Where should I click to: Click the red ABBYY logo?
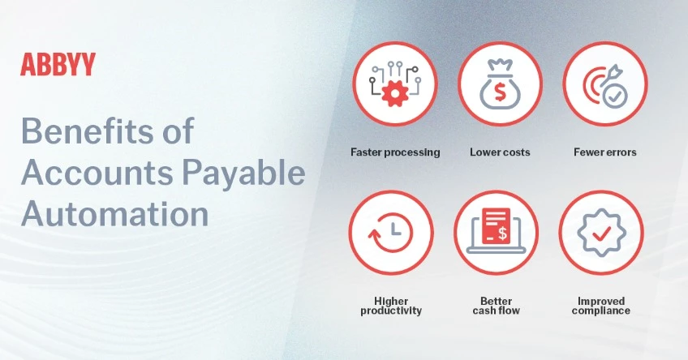pyautogui.click(x=58, y=64)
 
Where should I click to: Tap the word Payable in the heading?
pyautogui.click(x=243, y=173)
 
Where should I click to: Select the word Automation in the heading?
pyautogui.click(x=114, y=213)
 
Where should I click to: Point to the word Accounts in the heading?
pyautogui.click(x=97, y=173)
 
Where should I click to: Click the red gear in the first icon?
pyautogui.click(x=395, y=93)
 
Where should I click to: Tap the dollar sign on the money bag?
pyautogui.click(x=500, y=92)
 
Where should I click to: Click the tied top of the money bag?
pyautogui.click(x=501, y=66)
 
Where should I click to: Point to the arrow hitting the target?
pyautogui.click(x=608, y=77)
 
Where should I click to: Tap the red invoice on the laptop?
pyautogui.click(x=497, y=226)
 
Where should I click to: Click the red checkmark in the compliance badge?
pyautogui.click(x=601, y=233)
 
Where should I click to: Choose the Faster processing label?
pyautogui.click(x=395, y=152)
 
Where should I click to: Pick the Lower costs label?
pyautogui.click(x=500, y=152)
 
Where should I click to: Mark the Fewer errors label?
pyautogui.click(x=605, y=152)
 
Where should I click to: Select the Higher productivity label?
pyautogui.click(x=391, y=306)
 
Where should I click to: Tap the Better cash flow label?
pyautogui.click(x=497, y=306)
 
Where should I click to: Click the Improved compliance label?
pyautogui.click(x=601, y=306)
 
